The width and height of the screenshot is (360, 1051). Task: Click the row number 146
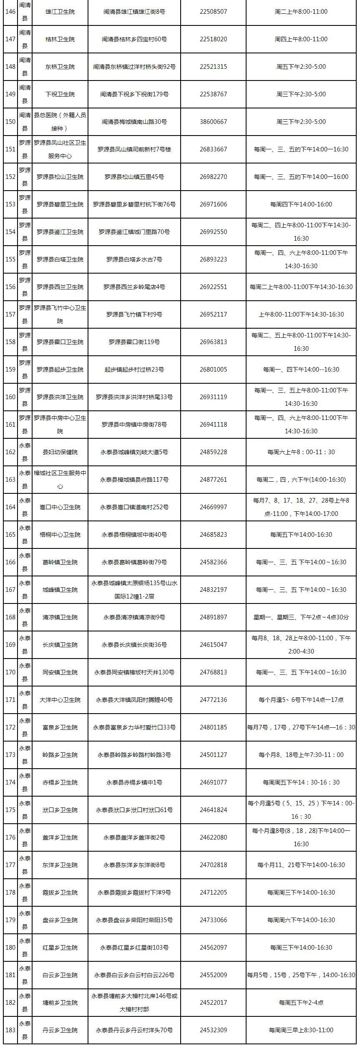10,12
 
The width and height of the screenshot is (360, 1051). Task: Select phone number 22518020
213,39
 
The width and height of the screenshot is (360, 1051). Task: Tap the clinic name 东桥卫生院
60,67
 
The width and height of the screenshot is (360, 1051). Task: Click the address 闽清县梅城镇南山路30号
134,122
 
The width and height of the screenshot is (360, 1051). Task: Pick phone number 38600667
213,122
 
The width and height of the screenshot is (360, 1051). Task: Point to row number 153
10,204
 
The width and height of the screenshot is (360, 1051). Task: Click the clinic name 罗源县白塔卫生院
60,259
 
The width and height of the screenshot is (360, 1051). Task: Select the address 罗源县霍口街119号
134,342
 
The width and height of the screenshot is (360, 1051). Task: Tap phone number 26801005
213,370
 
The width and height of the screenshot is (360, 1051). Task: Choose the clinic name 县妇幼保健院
60,452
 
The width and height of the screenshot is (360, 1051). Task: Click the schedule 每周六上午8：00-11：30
301,452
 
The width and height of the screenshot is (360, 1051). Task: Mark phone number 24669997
213,507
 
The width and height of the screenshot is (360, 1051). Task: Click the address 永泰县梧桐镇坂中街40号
134,535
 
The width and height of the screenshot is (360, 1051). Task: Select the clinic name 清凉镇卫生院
60,617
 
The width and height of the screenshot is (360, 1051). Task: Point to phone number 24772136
213,700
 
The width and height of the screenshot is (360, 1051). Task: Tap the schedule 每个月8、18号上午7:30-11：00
301,755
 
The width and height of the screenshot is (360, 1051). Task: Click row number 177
10,865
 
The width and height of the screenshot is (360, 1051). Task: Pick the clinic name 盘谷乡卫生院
60,920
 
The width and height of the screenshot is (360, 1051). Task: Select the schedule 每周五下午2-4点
301,1003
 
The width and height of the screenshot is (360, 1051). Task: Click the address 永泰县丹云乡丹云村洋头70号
134,1030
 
